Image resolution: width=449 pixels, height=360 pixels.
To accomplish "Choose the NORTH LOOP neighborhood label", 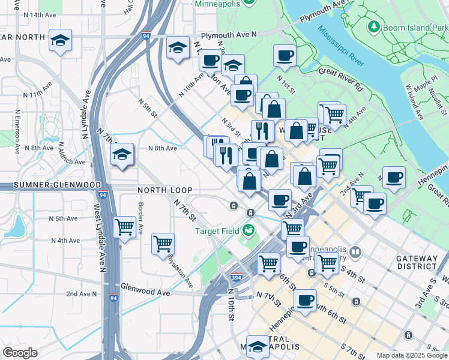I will pos(164,190).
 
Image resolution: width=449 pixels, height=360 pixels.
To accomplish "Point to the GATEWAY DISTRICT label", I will pos(417,262).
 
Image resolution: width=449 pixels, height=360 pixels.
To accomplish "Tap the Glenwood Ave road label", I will pos(145,292).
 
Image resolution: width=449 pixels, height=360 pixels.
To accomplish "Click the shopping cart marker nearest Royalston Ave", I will pos(163,244).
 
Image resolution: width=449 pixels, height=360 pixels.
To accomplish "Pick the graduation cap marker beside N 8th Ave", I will pos(122,154).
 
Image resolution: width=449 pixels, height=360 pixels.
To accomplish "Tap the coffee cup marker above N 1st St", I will pos(285,55).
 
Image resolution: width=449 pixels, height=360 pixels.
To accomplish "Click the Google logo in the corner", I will pos(20,353).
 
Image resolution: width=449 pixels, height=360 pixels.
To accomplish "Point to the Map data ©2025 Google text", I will pos(412,355).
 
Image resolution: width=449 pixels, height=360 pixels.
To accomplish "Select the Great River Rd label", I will pos(341,79).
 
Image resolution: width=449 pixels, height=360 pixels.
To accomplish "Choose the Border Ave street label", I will pos(140,216).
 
